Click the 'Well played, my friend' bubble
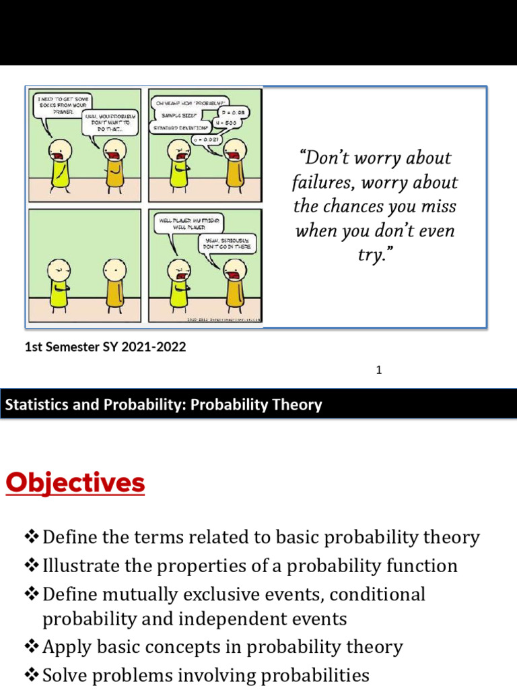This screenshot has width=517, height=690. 188,224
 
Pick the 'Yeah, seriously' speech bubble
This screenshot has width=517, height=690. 227,244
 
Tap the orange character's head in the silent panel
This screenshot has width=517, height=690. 114,270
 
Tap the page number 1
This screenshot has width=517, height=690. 379,370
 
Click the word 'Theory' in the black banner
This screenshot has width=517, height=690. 294,405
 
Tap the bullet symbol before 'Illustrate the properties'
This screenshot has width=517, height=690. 32,565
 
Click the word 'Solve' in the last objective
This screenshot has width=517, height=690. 64,675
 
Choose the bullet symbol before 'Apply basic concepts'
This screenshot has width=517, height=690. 32,647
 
